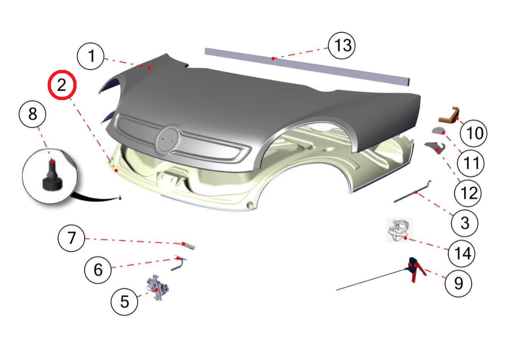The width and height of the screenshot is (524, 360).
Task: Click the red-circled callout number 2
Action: (x=62, y=85)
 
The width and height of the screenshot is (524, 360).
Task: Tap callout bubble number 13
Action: (x=342, y=46)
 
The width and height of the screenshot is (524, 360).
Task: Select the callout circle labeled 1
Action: (x=91, y=56)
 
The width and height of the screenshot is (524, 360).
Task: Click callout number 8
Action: (x=32, y=114)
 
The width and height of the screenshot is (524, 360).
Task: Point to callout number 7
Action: (x=72, y=238)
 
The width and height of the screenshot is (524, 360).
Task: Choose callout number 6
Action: (x=98, y=270)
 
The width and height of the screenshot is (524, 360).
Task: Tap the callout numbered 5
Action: (x=124, y=302)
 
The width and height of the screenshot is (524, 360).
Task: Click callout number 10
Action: (x=473, y=133)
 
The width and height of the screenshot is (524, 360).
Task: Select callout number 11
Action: (x=470, y=163)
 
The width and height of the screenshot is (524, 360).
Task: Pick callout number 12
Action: (x=468, y=193)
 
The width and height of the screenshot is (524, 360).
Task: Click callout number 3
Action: (x=464, y=223)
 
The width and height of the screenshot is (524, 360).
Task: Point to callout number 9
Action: (x=458, y=283)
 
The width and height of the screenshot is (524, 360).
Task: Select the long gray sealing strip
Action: (x=307, y=67)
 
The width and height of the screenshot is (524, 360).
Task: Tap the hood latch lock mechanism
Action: (x=157, y=288)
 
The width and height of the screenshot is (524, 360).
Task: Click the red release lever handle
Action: (x=417, y=269)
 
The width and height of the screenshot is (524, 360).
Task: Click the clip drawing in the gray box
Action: (x=399, y=230)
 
